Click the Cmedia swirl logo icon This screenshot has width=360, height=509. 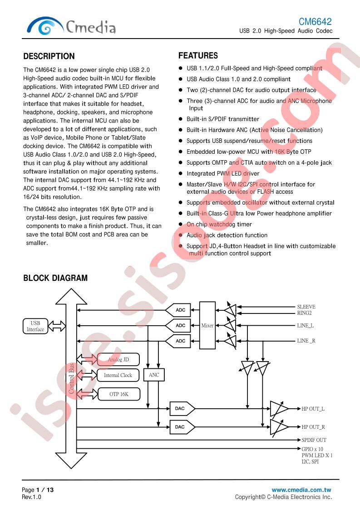(x=45, y=26)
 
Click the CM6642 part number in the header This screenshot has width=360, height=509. (x=315, y=21)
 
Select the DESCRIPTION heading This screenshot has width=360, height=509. (x=49, y=56)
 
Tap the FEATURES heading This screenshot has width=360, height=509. (x=198, y=55)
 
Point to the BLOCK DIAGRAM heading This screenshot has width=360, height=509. (x=55, y=278)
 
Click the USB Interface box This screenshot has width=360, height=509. (x=35, y=326)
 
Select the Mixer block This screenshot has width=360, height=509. (x=207, y=325)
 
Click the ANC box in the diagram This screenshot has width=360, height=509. (x=154, y=375)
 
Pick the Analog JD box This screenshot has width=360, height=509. (x=118, y=360)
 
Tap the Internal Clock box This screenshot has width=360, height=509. (x=118, y=375)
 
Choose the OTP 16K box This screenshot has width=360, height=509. (x=119, y=394)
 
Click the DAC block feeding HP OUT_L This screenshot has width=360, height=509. (x=182, y=408)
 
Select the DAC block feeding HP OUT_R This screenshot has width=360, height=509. (x=182, y=427)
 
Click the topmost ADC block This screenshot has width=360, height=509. (x=178, y=310)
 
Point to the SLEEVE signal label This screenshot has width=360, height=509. (x=306, y=307)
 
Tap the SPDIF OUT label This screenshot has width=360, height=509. (x=314, y=440)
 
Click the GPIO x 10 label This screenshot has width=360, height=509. (x=312, y=449)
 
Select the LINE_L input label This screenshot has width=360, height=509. (x=306, y=326)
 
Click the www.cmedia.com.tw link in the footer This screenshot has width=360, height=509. (x=301, y=490)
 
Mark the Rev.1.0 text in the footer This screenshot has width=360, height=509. (x=31, y=497)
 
